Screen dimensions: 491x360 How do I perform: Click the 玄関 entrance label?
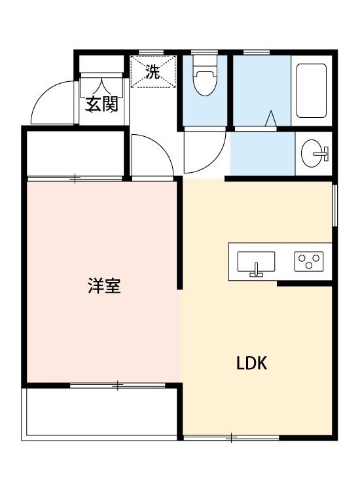[x=101, y=104]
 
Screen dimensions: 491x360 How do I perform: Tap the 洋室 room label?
[x=104, y=286]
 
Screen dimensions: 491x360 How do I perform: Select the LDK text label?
[x=252, y=364]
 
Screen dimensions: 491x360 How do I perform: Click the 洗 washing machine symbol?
[x=153, y=72]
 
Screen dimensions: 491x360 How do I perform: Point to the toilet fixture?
[x=205, y=79]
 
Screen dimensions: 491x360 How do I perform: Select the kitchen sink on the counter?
[x=256, y=263]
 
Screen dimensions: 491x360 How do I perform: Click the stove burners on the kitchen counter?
[x=310, y=262]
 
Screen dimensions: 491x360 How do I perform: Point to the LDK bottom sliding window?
[x=231, y=437]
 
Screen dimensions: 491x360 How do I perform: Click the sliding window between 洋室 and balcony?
[x=117, y=385]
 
